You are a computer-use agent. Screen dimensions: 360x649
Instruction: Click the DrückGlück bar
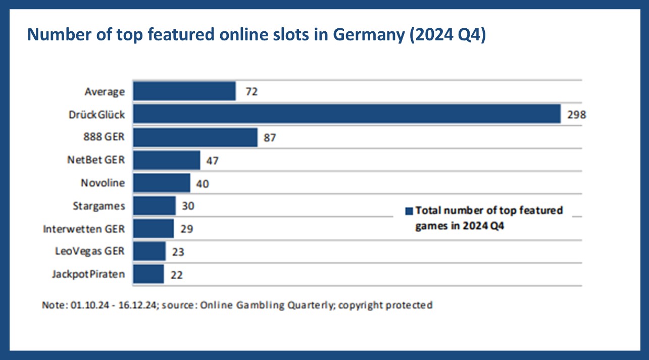click(x=346, y=114)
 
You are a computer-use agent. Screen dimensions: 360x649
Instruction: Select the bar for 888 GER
click(x=195, y=137)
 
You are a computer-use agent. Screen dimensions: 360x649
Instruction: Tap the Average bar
click(x=184, y=91)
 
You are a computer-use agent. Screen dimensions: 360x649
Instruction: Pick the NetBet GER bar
click(x=166, y=160)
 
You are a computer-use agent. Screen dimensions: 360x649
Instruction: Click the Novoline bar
click(x=161, y=183)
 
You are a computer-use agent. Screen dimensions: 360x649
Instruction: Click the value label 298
click(x=576, y=115)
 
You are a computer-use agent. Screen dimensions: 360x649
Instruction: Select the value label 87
click(x=270, y=137)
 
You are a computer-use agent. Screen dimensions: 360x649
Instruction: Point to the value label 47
click(x=212, y=161)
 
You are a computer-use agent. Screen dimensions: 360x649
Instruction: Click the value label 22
click(x=176, y=275)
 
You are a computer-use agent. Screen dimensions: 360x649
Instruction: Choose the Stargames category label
click(x=99, y=206)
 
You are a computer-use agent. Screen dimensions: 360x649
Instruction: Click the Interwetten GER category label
click(x=84, y=229)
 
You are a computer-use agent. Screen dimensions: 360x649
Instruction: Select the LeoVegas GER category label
click(x=90, y=251)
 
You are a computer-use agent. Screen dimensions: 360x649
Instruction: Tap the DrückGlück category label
click(x=97, y=115)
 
